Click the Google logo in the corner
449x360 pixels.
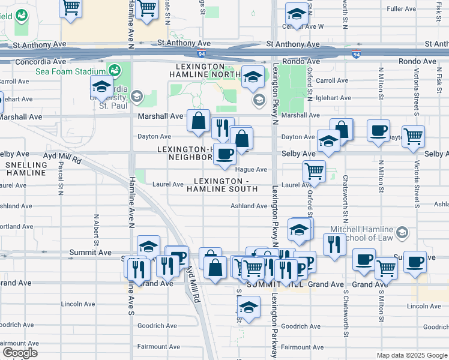(x=20, y=352)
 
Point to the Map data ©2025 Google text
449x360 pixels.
(x=411, y=355)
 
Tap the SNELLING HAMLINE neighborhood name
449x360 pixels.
(x=26, y=169)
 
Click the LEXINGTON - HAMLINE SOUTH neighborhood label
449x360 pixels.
(x=221, y=185)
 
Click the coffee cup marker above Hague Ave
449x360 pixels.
(x=224, y=154)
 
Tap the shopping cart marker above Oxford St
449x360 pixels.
(x=314, y=171)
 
